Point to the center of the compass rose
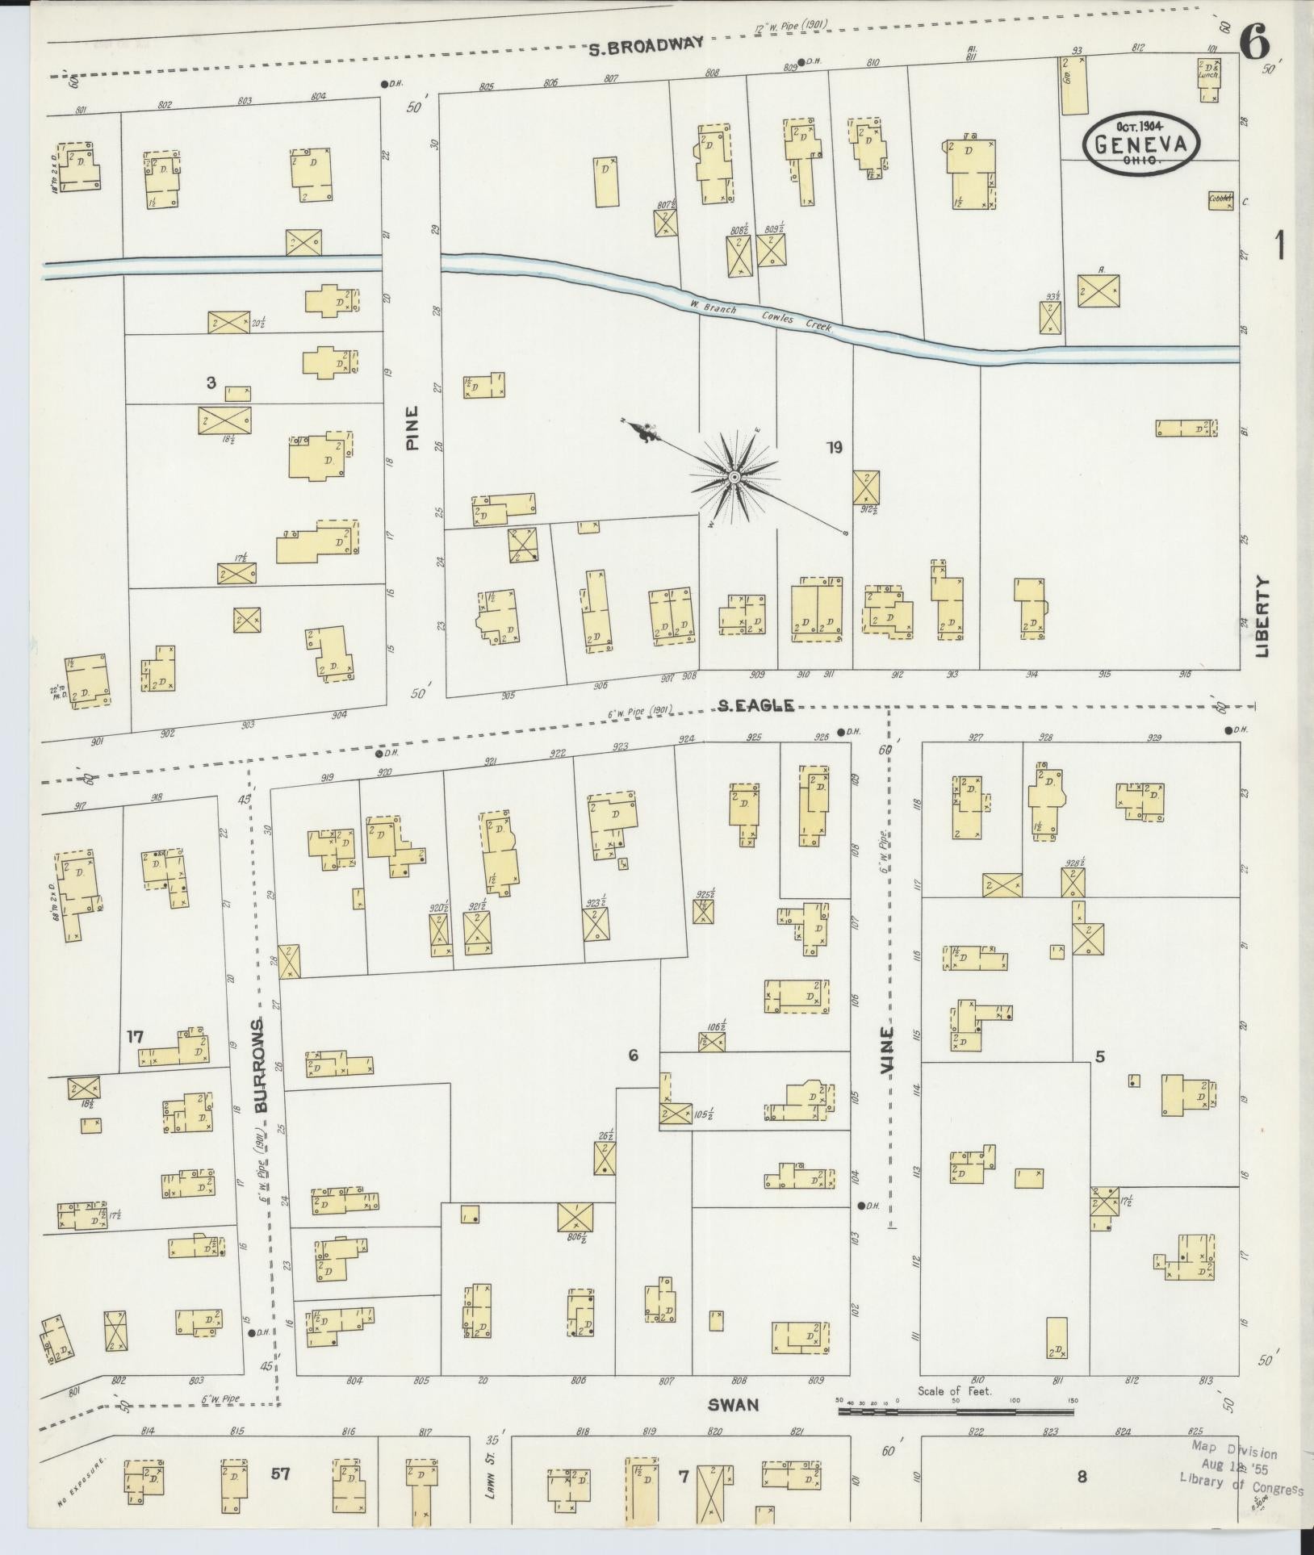click(734, 477)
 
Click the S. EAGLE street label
click(756, 706)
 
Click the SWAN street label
click(733, 1405)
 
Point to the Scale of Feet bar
click(956, 1412)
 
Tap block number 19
click(834, 447)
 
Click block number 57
click(279, 1474)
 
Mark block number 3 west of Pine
click(211, 382)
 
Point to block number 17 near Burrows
click(135, 1036)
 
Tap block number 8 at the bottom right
click(1081, 1478)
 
